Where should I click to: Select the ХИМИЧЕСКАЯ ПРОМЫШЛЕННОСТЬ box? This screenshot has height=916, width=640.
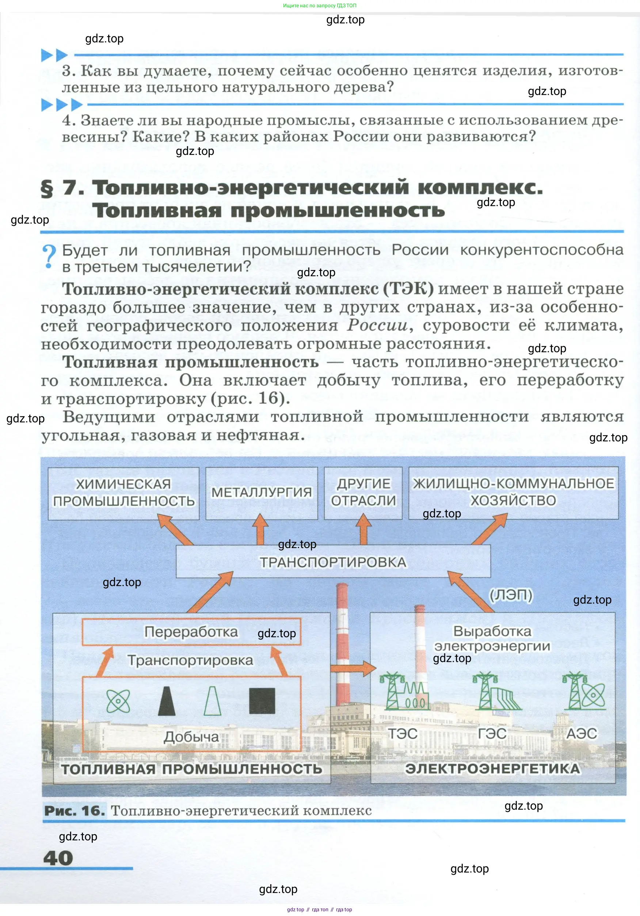click(x=123, y=493)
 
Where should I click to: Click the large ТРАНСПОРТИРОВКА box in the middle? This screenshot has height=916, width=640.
click(x=333, y=562)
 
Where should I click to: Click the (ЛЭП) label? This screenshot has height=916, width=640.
click(x=511, y=595)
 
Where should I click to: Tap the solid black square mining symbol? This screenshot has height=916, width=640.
click(x=262, y=701)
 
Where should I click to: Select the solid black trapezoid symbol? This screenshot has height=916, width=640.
click(x=167, y=701)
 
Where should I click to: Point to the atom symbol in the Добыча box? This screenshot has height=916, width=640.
click(x=118, y=701)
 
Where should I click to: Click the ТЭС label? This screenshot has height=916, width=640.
click(x=403, y=734)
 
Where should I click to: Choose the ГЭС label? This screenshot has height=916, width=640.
click(x=492, y=734)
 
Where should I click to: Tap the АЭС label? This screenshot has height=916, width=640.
click(x=582, y=734)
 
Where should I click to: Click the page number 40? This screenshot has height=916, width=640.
click(x=58, y=858)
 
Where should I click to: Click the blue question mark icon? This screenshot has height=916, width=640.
click(x=49, y=256)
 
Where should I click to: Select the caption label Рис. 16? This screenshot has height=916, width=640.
click(x=75, y=811)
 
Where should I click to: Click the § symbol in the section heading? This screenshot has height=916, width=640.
click(x=47, y=188)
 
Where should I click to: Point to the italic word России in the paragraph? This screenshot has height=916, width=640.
click(x=377, y=325)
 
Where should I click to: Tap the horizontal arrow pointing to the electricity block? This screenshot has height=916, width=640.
click(x=353, y=668)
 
